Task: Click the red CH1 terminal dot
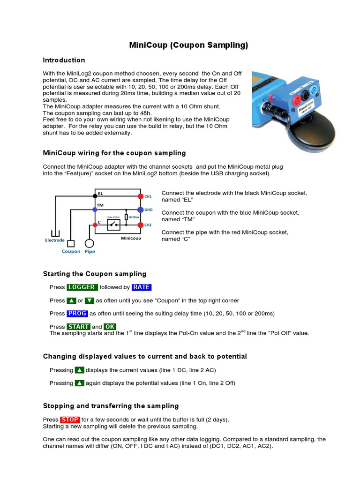[x=140, y=196]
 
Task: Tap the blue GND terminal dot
[x=140, y=210]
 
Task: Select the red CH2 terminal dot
[x=140, y=225]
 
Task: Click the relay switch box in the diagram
[x=113, y=225]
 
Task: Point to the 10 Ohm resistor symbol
[x=127, y=217]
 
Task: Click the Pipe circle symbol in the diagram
[x=89, y=243]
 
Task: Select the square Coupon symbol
[x=71, y=243]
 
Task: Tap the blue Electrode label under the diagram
[x=55, y=240]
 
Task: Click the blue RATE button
[x=142, y=287]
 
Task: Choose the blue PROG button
[x=77, y=313]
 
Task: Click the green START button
[x=78, y=327]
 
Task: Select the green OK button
[x=110, y=327]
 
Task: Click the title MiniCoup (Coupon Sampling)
[x=188, y=45]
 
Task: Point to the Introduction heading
[x=64, y=60]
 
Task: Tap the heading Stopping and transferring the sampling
[x=111, y=406]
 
